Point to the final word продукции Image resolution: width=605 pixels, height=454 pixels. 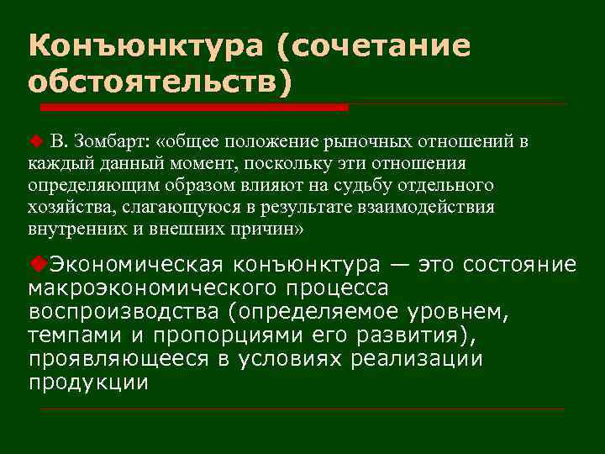(88, 383)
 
